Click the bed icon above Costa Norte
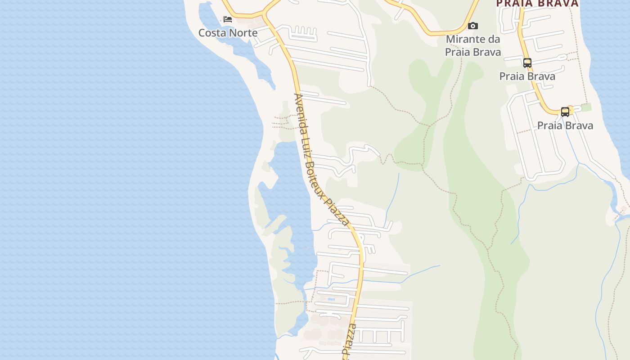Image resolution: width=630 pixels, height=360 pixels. click(228, 19)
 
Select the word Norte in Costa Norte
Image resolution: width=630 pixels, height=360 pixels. click(243, 33)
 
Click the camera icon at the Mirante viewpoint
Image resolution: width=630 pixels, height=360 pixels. click(472, 26)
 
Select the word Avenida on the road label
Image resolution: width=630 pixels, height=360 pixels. click(298, 110)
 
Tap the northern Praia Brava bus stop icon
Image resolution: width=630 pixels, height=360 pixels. click(527, 63)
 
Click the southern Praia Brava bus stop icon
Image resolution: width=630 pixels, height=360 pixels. click(565, 112)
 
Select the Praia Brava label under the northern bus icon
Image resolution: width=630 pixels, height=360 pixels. click(527, 76)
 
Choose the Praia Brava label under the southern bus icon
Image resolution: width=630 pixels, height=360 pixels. click(565, 126)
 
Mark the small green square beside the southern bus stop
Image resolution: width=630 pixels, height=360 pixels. click(585, 107)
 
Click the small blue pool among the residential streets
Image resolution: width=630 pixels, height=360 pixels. click(331, 299)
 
